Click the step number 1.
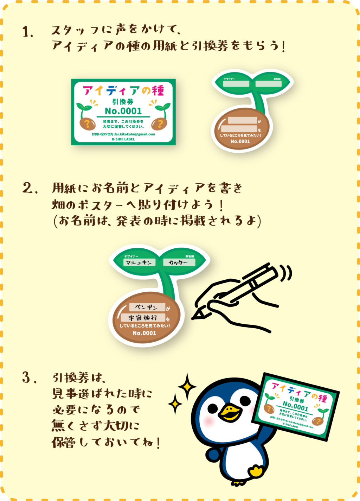coord(27,32)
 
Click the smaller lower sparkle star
coord(175,404)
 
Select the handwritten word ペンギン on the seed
coord(147,307)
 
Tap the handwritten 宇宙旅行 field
coord(143,318)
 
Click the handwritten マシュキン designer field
coord(140,262)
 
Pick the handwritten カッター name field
coord(179,262)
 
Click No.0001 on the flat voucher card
coord(123,111)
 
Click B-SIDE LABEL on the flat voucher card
coord(123,139)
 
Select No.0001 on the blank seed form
coord(240,141)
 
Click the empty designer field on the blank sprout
coord(236,84)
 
